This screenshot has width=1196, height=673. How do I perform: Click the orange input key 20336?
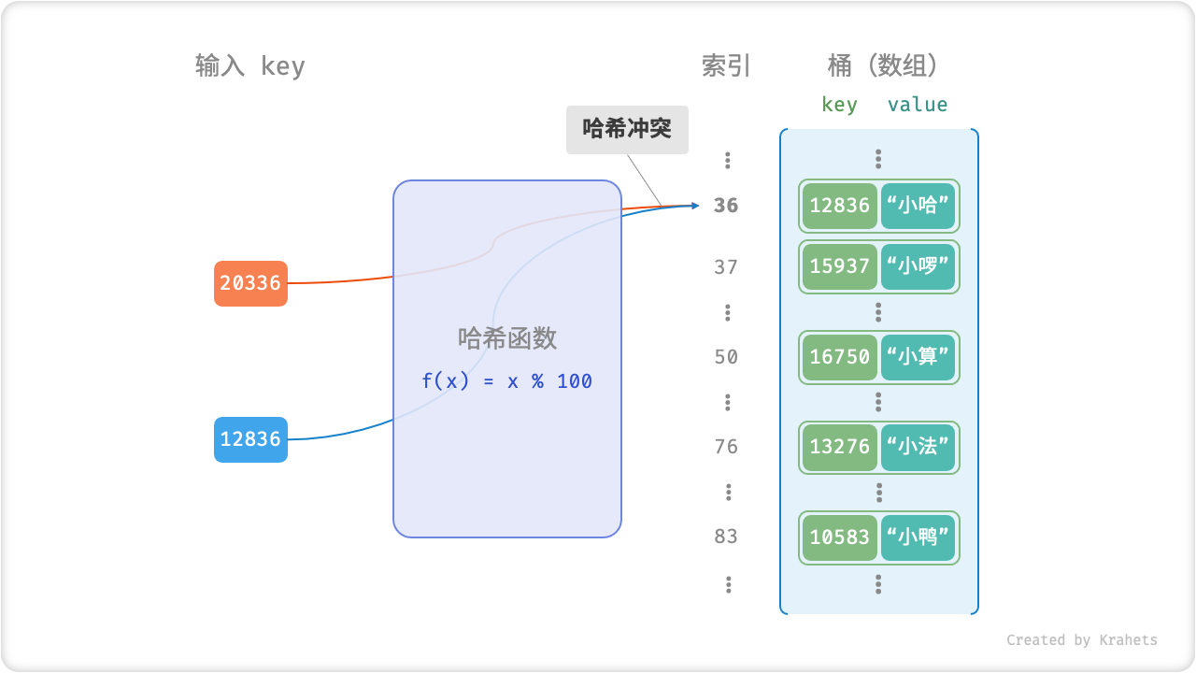250,283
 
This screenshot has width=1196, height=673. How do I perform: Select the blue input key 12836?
250,439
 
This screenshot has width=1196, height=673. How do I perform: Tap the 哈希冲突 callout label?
627,129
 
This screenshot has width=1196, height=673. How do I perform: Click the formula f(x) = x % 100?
506,381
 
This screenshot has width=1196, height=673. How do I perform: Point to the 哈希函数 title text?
506,338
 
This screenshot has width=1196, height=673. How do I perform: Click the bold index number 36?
726,206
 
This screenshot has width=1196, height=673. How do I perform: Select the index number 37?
726,267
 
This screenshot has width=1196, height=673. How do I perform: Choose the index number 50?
726,357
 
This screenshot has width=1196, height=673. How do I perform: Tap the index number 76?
726,447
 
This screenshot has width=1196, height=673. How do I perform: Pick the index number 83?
726,537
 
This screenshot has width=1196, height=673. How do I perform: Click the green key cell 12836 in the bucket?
840,206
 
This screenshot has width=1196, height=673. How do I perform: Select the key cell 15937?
840,267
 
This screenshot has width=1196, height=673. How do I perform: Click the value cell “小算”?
918,357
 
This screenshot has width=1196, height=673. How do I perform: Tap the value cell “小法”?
918,447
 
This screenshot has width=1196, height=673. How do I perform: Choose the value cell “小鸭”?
918,537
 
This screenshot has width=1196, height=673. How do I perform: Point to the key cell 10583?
840,537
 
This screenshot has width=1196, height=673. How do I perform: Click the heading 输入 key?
249,66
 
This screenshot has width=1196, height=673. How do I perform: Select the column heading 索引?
726,65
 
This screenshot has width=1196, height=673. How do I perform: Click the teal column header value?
918,105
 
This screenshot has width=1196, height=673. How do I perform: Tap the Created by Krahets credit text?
1081,640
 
